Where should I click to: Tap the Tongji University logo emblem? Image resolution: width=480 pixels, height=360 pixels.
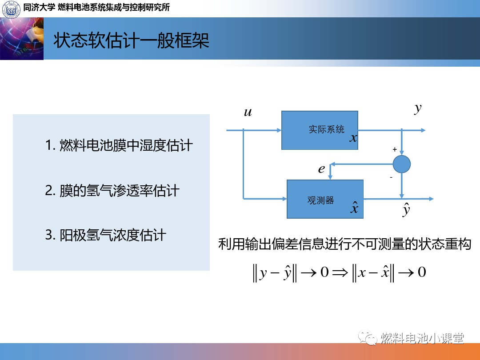pyautogui.click(x=11, y=9)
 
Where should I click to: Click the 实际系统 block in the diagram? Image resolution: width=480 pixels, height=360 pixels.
pyautogui.click(x=320, y=130)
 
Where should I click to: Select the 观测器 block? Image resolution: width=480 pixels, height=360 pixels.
pyautogui.click(x=325, y=199)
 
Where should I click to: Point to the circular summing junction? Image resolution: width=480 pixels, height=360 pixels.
pyautogui.click(x=402, y=164)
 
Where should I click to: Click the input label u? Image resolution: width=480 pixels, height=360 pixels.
pyautogui.click(x=248, y=112)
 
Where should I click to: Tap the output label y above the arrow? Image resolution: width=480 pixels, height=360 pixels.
pyautogui.click(x=418, y=108)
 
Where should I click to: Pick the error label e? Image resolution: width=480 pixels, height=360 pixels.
pyautogui.click(x=321, y=169)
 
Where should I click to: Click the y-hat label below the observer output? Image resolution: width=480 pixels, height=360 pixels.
pyautogui.click(x=406, y=209)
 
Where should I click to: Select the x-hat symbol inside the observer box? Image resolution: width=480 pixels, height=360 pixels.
pyautogui.click(x=355, y=207)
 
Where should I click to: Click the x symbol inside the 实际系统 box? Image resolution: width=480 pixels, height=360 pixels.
pyautogui.click(x=353, y=138)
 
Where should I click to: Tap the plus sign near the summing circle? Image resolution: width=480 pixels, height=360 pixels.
pyautogui.click(x=395, y=149)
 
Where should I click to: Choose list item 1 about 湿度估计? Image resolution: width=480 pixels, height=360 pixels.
pyautogui.click(x=119, y=145)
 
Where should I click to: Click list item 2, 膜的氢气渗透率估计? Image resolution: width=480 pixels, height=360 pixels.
pyautogui.click(x=112, y=190)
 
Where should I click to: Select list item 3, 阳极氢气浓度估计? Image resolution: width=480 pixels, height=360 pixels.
pyautogui.click(x=106, y=235)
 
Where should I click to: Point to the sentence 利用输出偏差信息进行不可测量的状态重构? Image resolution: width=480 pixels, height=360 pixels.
pyautogui.click(x=345, y=244)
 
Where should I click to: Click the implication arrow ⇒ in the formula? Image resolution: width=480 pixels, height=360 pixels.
pyautogui.click(x=340, y=272)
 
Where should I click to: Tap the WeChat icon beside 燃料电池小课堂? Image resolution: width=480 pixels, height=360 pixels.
pyautogui.click(x=368, y=338)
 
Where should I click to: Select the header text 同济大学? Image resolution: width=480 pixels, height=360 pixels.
pyautogui.click(x=39, y=7)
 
